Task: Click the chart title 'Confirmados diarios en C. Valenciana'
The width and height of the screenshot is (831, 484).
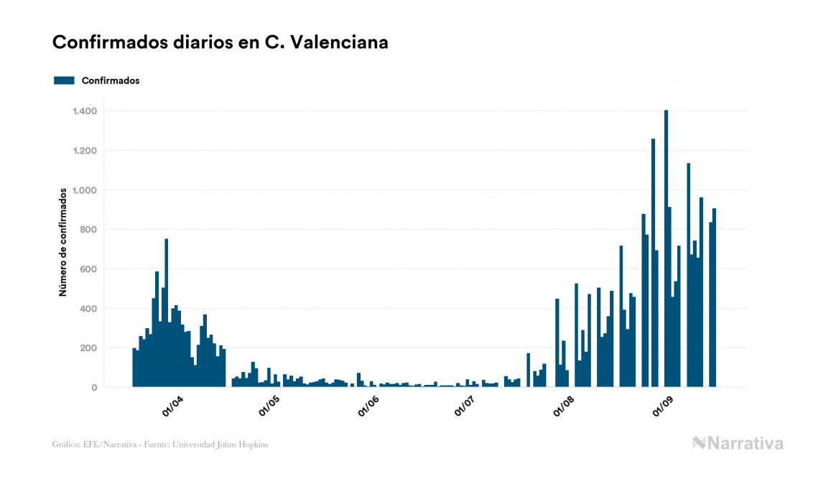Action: (220, 42)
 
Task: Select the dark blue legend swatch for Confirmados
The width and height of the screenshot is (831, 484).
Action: (64, 80)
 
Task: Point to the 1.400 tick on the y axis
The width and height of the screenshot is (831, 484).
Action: (85, 111)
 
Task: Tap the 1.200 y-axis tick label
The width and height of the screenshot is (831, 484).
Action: (85, 151)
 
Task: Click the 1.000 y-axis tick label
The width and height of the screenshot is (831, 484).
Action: (85, 190)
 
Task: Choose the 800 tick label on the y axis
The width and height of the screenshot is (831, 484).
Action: (88, 230)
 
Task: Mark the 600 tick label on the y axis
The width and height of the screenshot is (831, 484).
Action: (88, 269)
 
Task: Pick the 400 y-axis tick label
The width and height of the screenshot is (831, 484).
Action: (88, 309)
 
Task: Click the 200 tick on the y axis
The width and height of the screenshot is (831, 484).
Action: (88, 348)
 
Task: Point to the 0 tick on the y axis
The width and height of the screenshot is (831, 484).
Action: (94, 388)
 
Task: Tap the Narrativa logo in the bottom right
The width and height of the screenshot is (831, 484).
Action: (738, 443)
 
